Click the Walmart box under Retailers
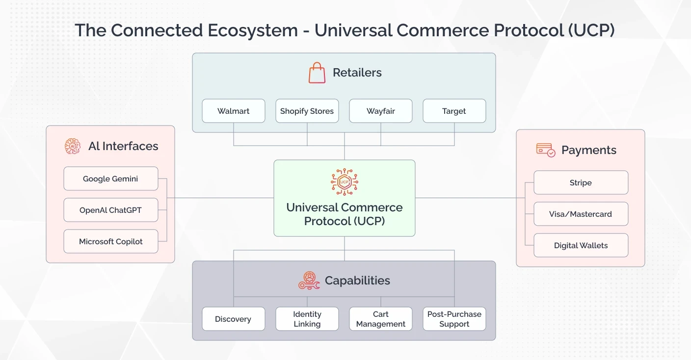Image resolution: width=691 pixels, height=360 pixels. pyautogui.click(x=234, y=111)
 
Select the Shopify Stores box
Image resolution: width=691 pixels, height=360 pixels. pyautogui.click(x=307, y=111)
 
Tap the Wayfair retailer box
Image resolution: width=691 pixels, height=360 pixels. pyautogui.click(x=381, y=111)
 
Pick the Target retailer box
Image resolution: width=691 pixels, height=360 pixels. pyautogui.click(x=454, y=111)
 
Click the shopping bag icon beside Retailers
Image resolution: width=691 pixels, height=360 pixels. pyautogui.click(x=317, y=73)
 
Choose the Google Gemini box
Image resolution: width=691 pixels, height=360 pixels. pyautogui.click(x=111, y=179)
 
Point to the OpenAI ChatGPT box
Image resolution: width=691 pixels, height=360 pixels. pyautogui.click(x=111, y=210)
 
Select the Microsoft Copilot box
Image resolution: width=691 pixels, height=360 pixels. pyautogui.click(x=111, y=241)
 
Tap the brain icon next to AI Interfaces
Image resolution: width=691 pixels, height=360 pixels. pyautogui.click(x=73, y=146)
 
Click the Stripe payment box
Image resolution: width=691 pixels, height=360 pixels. pyautogui.click(x=581, y=182)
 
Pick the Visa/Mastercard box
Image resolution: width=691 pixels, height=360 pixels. pyautogui.click(x=581, y=214)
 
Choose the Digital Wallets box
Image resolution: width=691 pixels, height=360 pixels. pyautogui.click(x=581, y=245)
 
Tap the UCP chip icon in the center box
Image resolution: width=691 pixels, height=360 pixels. pyautogui.click(x=345, y=182)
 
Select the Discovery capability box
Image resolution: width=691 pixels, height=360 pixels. pyautogui.click(x=234, y=319)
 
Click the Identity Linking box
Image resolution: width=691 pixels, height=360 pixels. pyautogui.click(x=307, y=319)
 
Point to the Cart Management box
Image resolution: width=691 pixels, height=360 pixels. pyautogui.click(x=381, y=319)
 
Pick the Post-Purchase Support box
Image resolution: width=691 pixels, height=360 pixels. pyautogui.click(x=454, y=319)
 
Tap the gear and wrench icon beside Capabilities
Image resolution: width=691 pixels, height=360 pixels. pyautogui.click(x=309, y=281)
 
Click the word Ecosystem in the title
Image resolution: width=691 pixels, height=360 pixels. pyautogui.click(x=253, y=30)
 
